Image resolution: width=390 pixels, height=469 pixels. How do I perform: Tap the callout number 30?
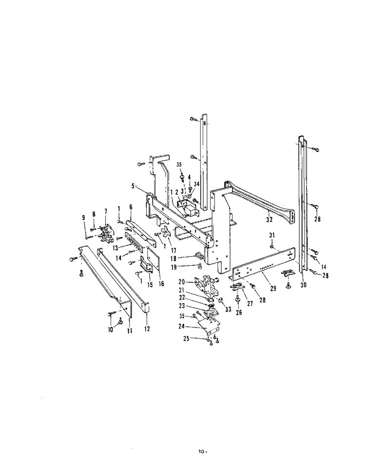coord(303,285)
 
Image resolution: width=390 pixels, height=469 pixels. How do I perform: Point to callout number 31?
coord(272,235)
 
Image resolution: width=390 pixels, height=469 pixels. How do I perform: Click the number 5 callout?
coord(133,186)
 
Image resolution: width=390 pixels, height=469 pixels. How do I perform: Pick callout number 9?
coord(83,218)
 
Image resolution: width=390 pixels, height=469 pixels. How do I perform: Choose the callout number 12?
coord(147,329)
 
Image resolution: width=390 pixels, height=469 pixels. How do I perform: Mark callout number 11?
coord(130,331)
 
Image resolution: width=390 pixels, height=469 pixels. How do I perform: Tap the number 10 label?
coord(111,330)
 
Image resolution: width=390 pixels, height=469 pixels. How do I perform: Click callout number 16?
coord(161,284)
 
